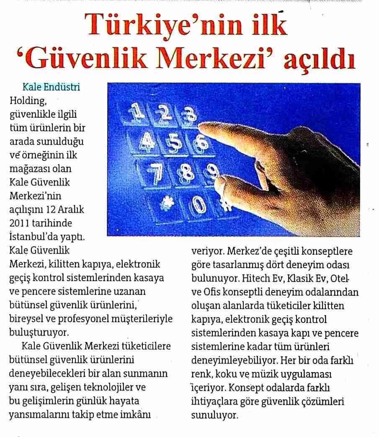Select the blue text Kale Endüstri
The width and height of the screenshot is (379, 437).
51,87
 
